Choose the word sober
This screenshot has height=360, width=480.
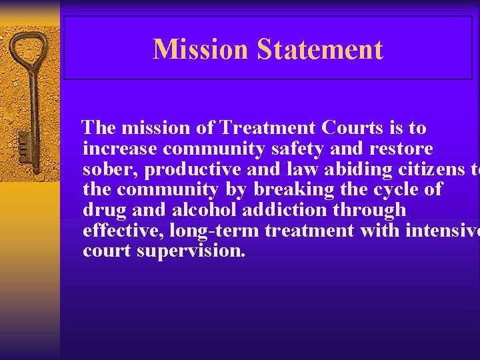[107, 169]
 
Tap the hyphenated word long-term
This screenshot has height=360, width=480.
[214, 231]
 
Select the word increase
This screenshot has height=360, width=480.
[119, 148]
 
